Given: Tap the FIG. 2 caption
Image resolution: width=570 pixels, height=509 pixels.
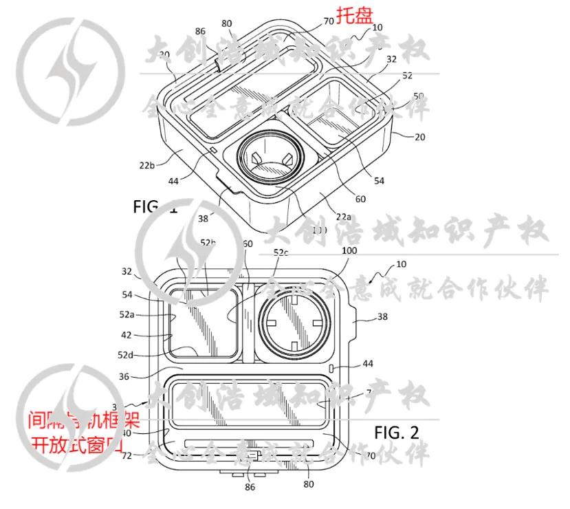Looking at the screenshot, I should [397, 433].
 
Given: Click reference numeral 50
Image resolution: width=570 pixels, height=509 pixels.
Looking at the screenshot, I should [419, 96].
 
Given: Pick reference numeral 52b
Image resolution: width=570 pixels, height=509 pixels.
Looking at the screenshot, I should [208, 243].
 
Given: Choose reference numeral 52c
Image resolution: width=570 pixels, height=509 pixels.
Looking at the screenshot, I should [282, 253].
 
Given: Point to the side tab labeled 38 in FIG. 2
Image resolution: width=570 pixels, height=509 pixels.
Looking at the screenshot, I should [352, 318].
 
